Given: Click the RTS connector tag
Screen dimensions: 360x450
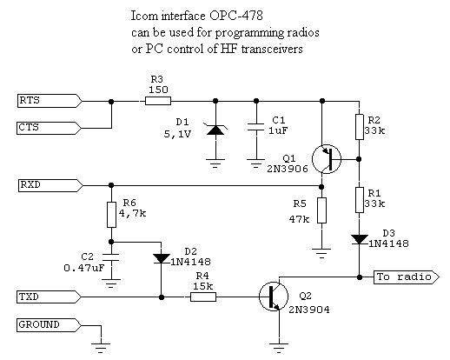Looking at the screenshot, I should click(45, 101).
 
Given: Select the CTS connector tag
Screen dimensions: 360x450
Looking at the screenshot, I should click(45, 127).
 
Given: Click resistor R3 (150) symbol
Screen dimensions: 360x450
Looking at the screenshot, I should click(158, 101).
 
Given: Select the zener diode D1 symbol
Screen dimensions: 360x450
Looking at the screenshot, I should click(214, 130).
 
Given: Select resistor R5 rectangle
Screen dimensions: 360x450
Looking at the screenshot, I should click(321, 210).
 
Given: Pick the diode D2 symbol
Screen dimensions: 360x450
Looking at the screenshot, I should click(161, 257).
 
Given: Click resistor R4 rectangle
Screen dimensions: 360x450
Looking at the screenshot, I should click(202, 297).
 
